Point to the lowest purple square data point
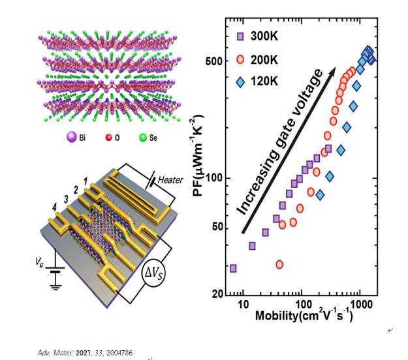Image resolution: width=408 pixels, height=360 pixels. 233,268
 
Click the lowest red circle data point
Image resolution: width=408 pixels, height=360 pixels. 279,264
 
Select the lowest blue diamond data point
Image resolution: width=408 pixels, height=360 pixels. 320,194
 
